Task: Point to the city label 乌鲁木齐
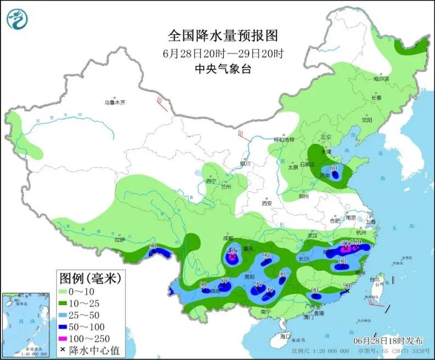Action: click(x=115, y=103)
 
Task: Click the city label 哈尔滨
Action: click(x=381, y=79)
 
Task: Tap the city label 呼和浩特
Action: click(x=286, y=139)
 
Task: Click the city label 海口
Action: click(x=285, y=335)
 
